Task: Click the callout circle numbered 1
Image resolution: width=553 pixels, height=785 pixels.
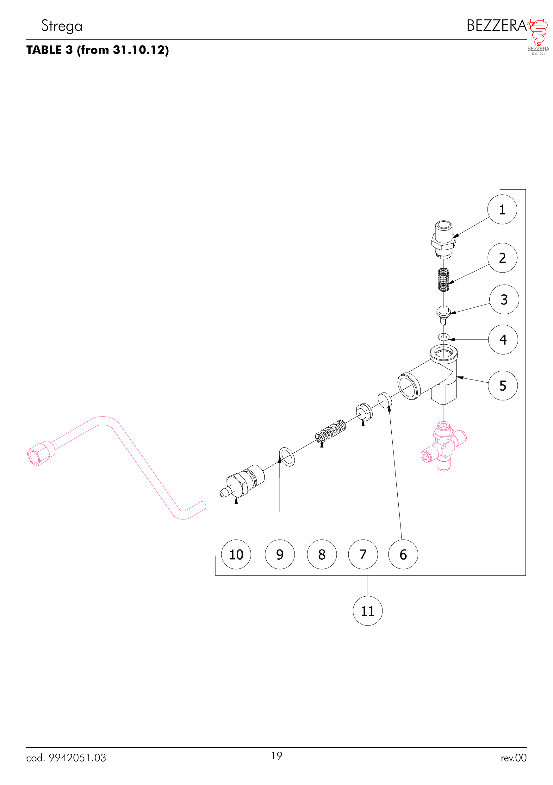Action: point(502,209)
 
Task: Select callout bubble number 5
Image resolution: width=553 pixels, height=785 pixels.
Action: point(502,385)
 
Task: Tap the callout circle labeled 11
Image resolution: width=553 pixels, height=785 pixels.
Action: point(367,611)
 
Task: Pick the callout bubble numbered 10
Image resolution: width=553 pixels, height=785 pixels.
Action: point(236,554)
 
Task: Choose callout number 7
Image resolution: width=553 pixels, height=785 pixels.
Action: point(363,554)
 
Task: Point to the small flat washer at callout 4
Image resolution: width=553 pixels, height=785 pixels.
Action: point(444,337)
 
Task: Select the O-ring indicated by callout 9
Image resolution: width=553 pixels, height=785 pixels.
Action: point(287,457)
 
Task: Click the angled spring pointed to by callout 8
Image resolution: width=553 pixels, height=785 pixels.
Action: point(331,431)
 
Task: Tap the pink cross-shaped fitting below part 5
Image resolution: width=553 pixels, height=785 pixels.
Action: point(444,447)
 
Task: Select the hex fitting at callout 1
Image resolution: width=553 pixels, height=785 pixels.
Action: point(444,239)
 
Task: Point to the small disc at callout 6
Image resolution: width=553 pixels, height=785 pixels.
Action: point(384,400)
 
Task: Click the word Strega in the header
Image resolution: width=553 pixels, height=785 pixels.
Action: point(62,26)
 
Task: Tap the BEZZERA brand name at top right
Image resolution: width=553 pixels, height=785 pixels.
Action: point(497,26)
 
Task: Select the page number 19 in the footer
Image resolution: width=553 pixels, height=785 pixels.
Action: point(276,756)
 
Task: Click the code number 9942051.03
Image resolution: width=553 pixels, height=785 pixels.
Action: point(77,758)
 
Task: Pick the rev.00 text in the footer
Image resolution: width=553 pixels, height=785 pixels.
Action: point(514,758)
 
